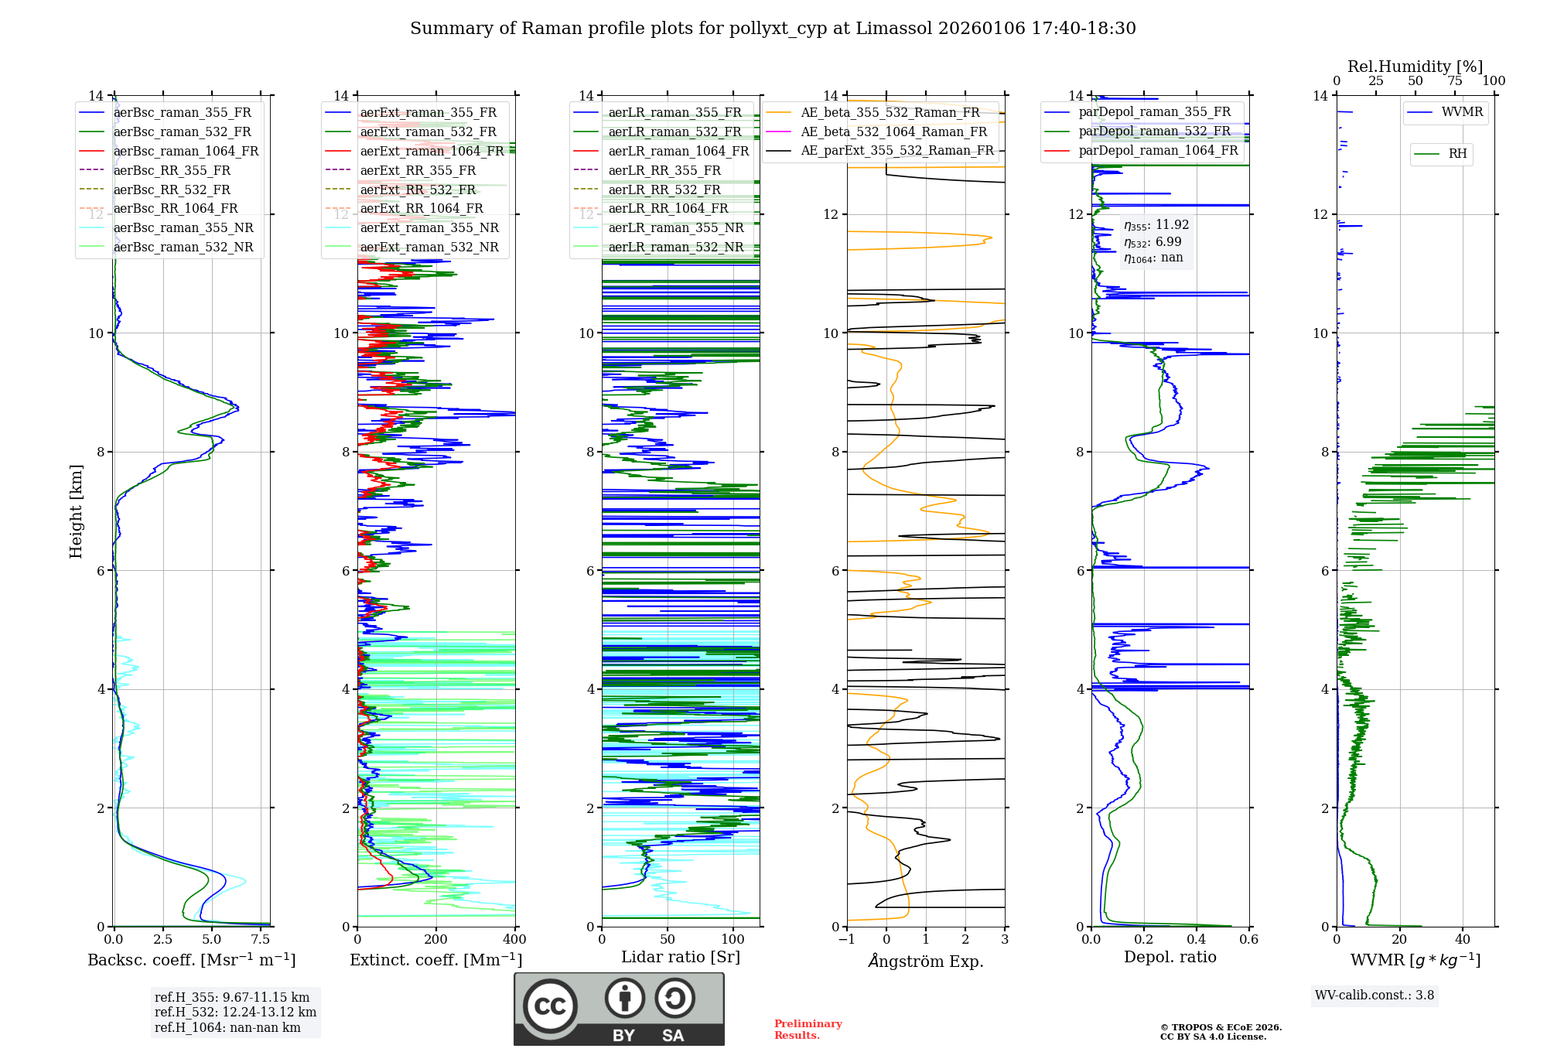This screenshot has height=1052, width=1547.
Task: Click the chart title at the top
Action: (x=773, y=29)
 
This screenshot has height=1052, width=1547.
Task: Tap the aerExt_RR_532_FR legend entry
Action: (x=418, y=190)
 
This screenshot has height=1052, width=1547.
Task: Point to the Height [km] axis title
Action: (x=76, y=511)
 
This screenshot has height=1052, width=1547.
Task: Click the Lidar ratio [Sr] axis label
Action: (x=681, y=957)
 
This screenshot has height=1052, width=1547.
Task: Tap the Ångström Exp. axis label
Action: (x=926, y=961)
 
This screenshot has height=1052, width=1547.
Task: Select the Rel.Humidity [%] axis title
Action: (x=1415, y=67)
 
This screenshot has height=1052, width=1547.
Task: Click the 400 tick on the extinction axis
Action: (x=514, y=940)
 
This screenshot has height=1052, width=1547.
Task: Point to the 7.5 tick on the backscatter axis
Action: (x=261, y=940)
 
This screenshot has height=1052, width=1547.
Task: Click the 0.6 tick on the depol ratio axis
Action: (x=1248, y=940)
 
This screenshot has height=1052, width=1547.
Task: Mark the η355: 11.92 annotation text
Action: (x=1156, y=225)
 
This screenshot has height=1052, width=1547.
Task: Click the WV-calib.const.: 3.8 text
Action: (x=1375, y=996)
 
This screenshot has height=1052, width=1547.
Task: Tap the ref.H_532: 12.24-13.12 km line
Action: (x=235, y=1012)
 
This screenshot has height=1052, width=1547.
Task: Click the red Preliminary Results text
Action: (x=808, y=1030)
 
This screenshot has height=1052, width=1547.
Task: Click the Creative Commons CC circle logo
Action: (x=550, y=1006)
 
